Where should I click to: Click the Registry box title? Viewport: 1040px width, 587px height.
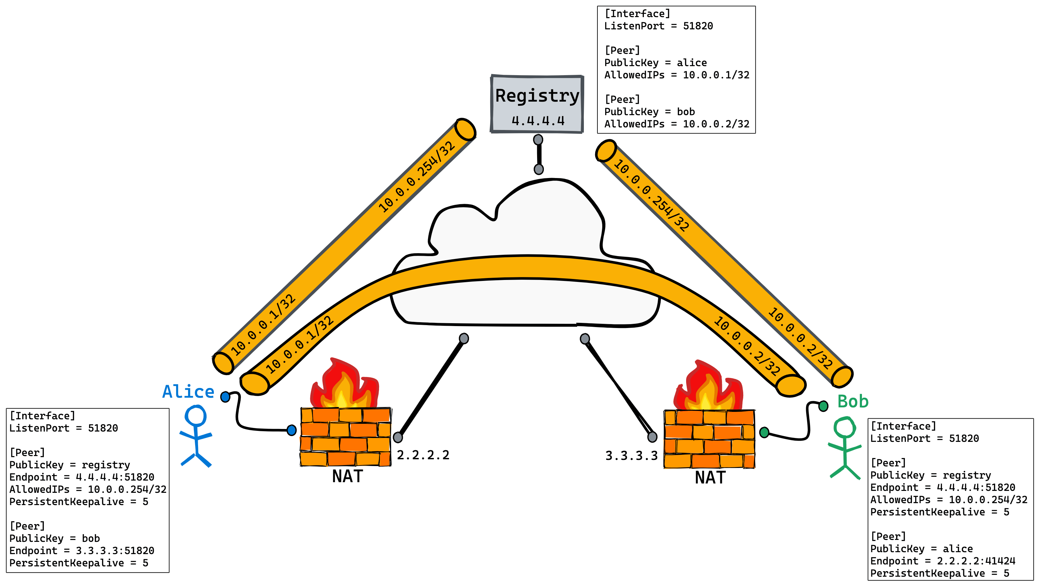tap(537, 96)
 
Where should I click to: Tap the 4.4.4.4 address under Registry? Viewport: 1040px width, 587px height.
tap(538, 121)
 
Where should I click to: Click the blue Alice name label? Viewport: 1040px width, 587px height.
tap(188, 392)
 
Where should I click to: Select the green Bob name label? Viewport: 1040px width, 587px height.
tap(853, 401)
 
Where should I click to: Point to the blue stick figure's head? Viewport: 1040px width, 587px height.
tap(196, 415)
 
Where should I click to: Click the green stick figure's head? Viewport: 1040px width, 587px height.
tap(845, 427)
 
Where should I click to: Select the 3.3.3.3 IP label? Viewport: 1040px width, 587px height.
tap(631, 456)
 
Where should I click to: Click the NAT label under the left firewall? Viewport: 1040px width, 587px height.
tap(347, 476)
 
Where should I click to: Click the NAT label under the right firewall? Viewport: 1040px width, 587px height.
tap(710, 478)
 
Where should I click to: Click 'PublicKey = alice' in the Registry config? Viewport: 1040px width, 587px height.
tap(655, 63)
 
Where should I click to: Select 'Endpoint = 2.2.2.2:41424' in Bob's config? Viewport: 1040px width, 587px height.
tap(942, 561)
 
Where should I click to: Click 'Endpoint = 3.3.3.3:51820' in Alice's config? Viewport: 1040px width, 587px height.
tap(82, 551)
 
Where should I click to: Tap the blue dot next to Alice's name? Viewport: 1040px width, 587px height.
tap(225, 397)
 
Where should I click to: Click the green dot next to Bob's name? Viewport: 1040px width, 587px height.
tap(823, 406)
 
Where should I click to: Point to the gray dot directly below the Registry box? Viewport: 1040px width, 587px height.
tap(538, 140)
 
